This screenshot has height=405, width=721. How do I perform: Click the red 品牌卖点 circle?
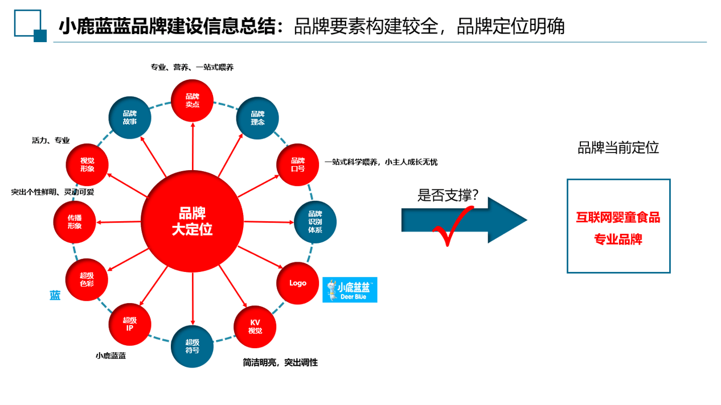click(192, 101)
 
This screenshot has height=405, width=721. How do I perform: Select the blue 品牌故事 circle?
click(130, 118)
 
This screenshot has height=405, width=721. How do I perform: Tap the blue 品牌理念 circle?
click(257, 118)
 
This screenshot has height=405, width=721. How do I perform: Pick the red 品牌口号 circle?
click(298, 164)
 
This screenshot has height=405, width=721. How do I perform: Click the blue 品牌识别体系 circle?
click(315, 222)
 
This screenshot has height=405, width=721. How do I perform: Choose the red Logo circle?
click(298, 283)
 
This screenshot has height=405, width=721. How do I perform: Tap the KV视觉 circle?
click(255, 327)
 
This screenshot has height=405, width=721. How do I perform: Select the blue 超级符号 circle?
click(192, 346)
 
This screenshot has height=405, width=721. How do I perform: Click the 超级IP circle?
click(130, 324)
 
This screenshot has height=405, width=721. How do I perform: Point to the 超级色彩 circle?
click(87, 279)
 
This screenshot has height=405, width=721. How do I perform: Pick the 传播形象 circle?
click(75, 222)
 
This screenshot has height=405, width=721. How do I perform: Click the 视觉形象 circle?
click(87, 164)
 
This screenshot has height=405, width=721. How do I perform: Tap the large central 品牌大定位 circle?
click(192, 221)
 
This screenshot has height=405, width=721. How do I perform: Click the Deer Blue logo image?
click(350, 290)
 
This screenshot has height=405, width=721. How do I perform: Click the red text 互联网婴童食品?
click(618, 217)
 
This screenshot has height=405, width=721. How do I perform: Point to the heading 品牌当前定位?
click(618, 148)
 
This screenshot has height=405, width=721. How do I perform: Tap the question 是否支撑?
click(448, 196)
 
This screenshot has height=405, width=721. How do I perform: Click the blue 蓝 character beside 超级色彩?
click(55, 296)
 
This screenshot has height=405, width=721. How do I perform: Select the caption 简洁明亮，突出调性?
click(280, 362)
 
